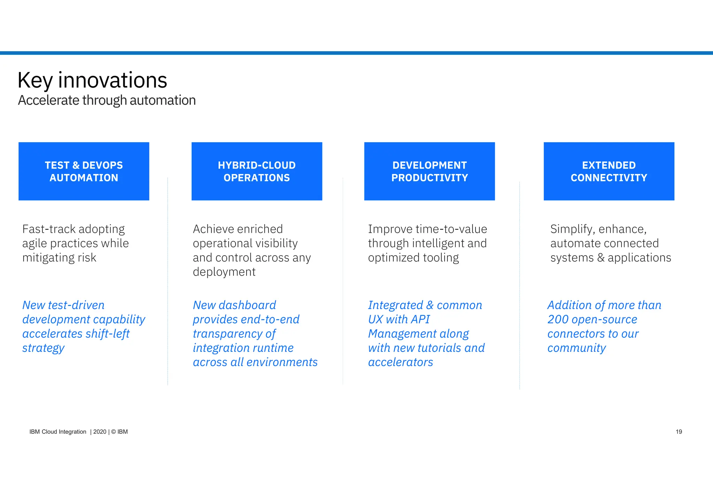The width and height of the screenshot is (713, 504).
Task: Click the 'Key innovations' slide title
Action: (x=92, y=80)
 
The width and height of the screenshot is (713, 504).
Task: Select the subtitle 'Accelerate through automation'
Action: (x=107, y=101)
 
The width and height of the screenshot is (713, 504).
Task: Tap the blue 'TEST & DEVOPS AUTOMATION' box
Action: (x=84, y=171)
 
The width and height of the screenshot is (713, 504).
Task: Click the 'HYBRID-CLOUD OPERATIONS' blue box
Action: (x=257, y=171)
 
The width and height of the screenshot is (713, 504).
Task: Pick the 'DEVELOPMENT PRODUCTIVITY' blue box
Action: (x=429, y=171)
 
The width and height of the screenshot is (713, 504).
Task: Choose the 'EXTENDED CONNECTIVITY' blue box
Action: (x=609, y=171)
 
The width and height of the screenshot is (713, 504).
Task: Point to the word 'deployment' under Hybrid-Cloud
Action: (x=224, y=272)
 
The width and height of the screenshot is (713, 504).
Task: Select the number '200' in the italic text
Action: (x=558, y=320)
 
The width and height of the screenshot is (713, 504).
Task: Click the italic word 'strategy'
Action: (x=44, y=348)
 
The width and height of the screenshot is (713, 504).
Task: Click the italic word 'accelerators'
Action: (x=400, y=362)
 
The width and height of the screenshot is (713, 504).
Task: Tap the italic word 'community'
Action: (x=577, y=348)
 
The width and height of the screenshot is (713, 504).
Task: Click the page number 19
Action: (x=679, y=432)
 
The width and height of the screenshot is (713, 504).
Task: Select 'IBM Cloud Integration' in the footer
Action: (x=58, y=432)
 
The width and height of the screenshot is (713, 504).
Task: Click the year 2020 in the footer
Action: (x=100, y=432)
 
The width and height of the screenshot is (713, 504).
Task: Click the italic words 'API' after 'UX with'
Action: (x=420, y=320)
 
